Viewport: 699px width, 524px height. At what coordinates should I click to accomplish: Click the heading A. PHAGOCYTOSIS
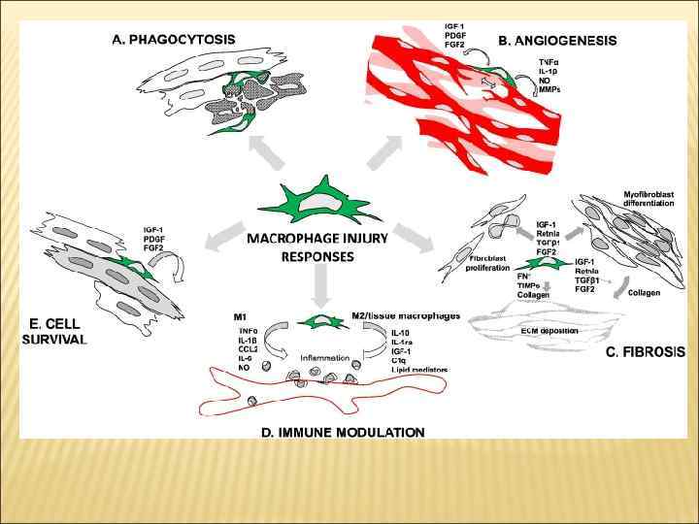[x=175, y=39]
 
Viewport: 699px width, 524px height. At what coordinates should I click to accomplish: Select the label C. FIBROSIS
[x=646, y=350]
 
